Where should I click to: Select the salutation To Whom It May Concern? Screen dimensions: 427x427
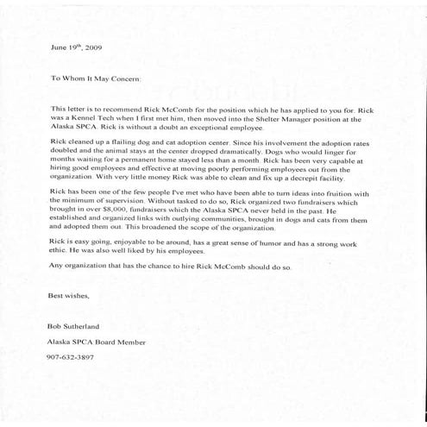101,78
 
